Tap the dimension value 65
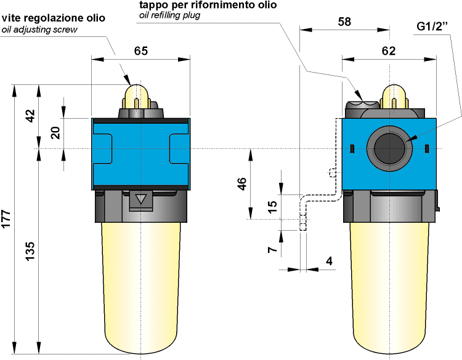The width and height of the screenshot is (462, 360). tap(141, 52)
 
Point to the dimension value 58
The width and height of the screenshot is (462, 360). tap(345, 22)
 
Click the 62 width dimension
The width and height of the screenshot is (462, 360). tap(389, 51)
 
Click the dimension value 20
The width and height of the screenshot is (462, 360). tap(56, 133)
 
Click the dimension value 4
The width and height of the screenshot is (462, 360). tap(329, 261)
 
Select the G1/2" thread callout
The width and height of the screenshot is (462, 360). tap(432, 27)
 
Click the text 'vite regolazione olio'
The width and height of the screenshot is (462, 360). tap(54, 18)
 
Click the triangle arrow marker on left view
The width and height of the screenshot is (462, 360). tap(141, 199)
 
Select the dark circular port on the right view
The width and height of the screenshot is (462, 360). tap(389, 148)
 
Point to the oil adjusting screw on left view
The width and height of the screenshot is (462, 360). tap(135, 96)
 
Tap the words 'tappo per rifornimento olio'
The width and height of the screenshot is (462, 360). tap(208, 5)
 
